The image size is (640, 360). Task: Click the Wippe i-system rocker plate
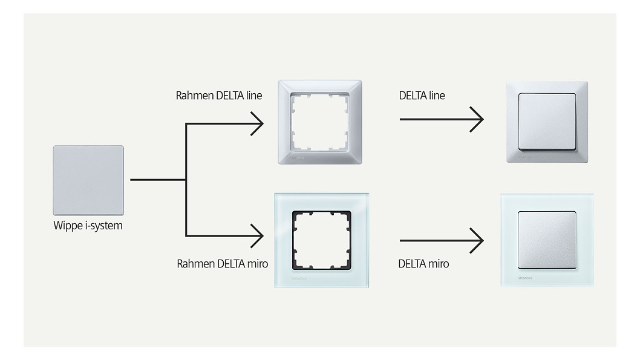[88, 180]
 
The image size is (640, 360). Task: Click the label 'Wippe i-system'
[88, 226]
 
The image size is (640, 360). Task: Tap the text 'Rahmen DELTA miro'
[222, 264]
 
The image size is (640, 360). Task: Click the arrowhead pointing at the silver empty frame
[258, 124]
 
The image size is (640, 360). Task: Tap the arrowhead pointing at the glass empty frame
[258, 234]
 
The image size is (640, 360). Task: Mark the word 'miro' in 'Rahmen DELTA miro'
[256, 264]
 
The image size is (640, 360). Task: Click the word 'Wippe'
[67, 226]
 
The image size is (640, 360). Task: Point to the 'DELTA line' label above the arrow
[422, 96]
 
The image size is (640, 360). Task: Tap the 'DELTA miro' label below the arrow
[423, 264]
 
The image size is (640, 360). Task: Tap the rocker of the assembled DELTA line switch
[546, 121]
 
